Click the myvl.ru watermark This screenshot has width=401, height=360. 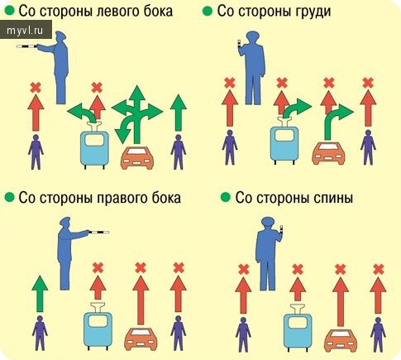(x=25, y=31)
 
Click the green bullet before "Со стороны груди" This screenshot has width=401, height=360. (x=208, y=11)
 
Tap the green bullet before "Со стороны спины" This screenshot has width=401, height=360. (x=226, y=198)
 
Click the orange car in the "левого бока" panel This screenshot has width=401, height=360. (x=137, y=158)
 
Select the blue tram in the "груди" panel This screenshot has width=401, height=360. (x=284, y=143)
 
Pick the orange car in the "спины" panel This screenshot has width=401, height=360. (x=341, y=340)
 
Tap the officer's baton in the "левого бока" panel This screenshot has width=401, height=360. (x=26, y=46)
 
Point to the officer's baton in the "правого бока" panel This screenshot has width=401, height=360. (x=98, y=233)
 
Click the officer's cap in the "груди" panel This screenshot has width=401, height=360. (x=253, y=35)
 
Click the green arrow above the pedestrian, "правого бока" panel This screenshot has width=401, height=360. (x=40, y=294)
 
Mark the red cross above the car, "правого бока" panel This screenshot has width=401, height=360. (x=141, y=267)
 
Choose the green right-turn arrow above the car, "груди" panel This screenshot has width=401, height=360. (x=338, y=120)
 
